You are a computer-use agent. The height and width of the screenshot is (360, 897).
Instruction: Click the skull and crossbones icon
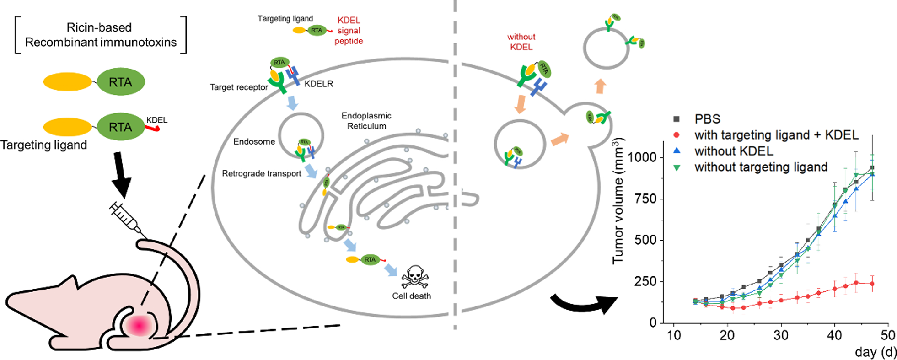click(x=414, y=277)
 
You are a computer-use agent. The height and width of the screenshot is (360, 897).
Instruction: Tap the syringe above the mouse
click(x=127, y=219)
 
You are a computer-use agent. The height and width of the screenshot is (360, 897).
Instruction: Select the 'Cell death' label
click(x=411, y=296)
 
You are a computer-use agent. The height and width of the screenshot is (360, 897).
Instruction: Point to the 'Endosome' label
click(x=254, y=142)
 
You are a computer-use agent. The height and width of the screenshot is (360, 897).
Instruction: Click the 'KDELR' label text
click(x=318, y=84)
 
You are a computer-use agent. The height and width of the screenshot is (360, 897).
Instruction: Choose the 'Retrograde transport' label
click(x=261, y=174)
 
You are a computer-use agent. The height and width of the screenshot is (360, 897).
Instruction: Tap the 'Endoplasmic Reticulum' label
click(x=366, y=121)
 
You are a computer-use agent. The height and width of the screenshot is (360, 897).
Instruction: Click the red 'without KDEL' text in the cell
click(x=521, y=42)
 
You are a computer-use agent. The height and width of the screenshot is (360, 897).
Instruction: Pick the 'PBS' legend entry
click(x=707, y=119)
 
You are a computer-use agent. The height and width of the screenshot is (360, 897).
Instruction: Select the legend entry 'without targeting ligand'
click(x=761, y=167)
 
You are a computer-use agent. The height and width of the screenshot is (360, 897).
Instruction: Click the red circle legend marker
click(x=677, y=135)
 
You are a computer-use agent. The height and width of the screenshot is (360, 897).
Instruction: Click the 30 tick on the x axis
click(x=781, y=335)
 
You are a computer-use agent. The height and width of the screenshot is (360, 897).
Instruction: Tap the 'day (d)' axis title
click(x=876, y=352)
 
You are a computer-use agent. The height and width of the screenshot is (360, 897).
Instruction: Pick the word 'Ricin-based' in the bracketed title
click(x=99, y=27)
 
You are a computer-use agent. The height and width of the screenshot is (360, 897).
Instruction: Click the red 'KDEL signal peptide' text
click(x=349, y=31)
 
